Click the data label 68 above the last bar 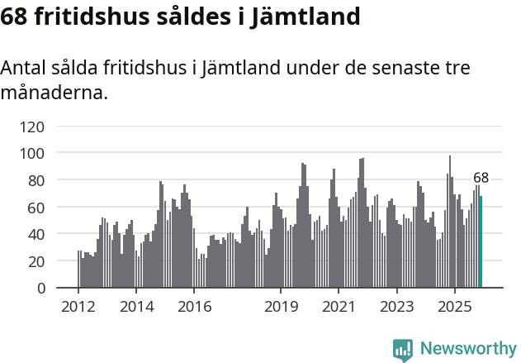[481, 178]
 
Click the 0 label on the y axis [40, 289]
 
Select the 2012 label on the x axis [78, 306]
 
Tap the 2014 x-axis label [136, 306]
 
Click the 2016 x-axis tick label [194, 306]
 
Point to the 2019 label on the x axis [281, 306]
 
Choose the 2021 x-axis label [339, 306]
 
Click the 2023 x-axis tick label [396, 306]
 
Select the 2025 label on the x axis [454, 306]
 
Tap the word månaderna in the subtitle [54, 93]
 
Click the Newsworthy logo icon [403, 349]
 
